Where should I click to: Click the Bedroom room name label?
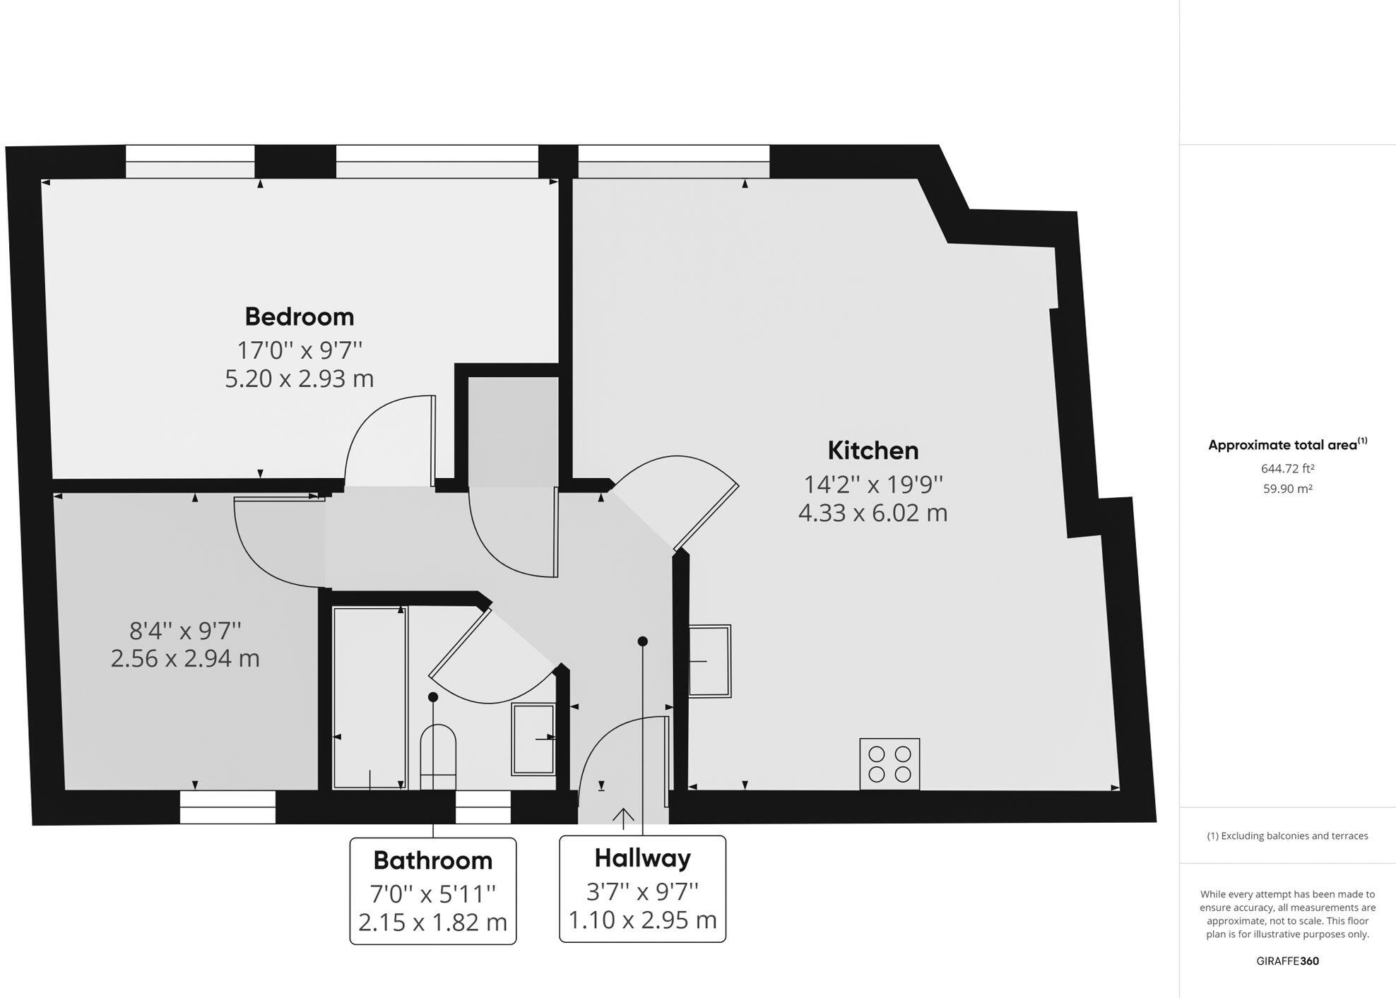point(299,316)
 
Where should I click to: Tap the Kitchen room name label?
point(872,451)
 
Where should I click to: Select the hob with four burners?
point(889,764)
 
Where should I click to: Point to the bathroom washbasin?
point(533,739)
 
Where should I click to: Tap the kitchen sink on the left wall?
point(709,661)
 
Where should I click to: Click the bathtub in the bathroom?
point(369,698)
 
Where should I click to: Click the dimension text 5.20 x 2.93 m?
point(299,379)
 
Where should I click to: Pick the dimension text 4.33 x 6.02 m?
point(872,513)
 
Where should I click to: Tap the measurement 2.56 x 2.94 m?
point(185,658)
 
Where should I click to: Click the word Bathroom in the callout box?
point(432,860)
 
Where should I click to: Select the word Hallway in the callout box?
point(642,858)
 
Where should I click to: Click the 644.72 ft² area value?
point(1287,468)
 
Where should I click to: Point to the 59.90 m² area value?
point(1287,489)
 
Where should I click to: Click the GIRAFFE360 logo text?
point(1287,961)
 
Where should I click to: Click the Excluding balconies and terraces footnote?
point(1287,836)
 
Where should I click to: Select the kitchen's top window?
point(673,161)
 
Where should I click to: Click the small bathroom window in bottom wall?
point(483,807)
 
